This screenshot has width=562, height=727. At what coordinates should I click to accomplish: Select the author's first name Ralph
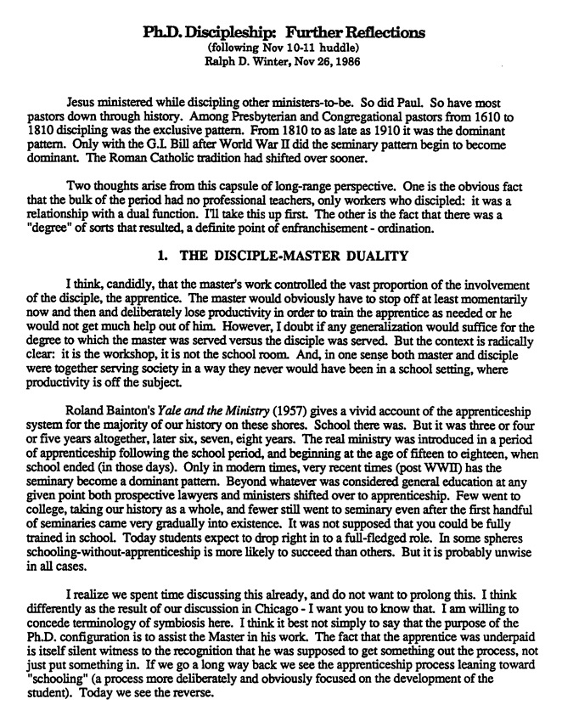pyautogui.click(x=221, y=61)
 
